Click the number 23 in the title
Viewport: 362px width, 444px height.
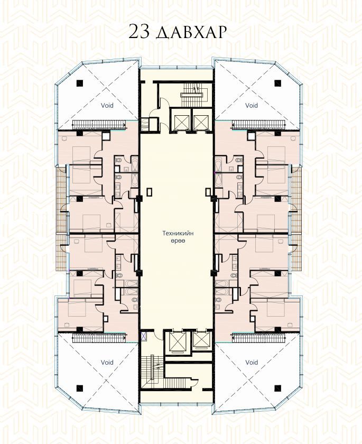139,32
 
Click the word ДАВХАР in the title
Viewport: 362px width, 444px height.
191,33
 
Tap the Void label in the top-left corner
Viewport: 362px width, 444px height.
107,105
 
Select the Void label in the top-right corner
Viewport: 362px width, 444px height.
252,105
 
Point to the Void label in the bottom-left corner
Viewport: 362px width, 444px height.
107,362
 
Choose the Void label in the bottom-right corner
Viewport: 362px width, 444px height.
252,362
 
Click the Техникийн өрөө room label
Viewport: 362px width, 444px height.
178,237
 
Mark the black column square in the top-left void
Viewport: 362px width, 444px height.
79,84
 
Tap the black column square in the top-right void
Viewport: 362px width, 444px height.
277,84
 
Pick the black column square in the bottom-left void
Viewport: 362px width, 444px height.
79,388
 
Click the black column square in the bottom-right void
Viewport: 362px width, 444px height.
277,388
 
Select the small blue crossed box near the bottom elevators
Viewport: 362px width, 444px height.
144,336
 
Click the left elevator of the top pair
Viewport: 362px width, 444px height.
180,121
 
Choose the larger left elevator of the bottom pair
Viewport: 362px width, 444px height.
177,342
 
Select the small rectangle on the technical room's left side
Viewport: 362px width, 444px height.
150,192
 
